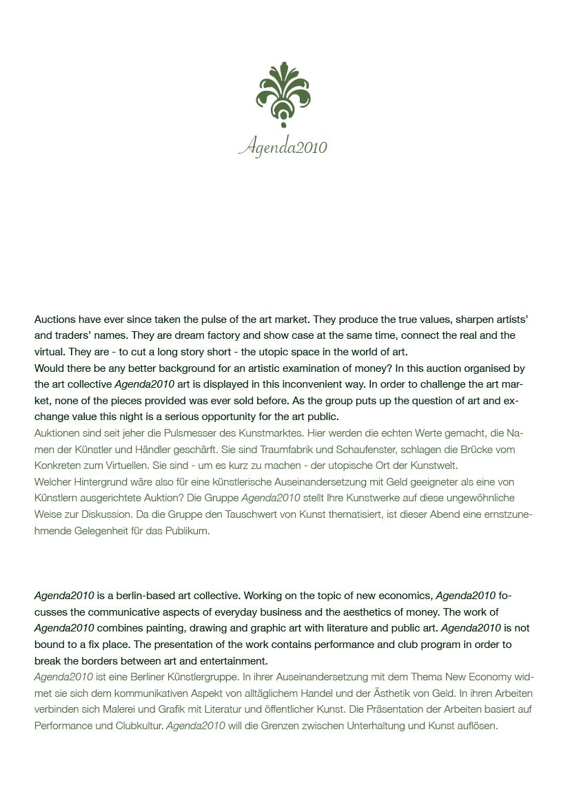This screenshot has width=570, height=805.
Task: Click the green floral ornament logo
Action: pyautogui.click(x=283, y=97)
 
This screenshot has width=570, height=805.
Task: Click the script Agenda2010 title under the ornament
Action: pyautogui.click(x=283, y=147)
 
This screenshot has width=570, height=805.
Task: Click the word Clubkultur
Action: pyautogui.click(x=138, y=726)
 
